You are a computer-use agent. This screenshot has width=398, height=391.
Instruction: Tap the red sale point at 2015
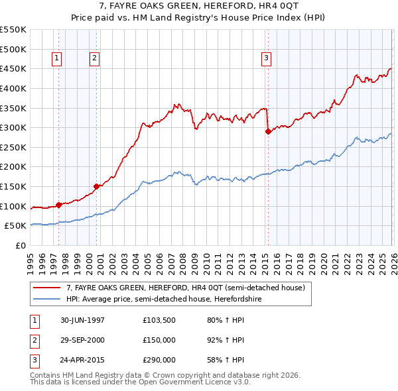coord(268,131)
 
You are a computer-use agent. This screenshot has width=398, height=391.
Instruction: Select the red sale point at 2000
coord(97,186)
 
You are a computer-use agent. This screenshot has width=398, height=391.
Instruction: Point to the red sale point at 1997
coord(59,205)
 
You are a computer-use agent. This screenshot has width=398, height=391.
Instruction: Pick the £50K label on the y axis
coord(15,225)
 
